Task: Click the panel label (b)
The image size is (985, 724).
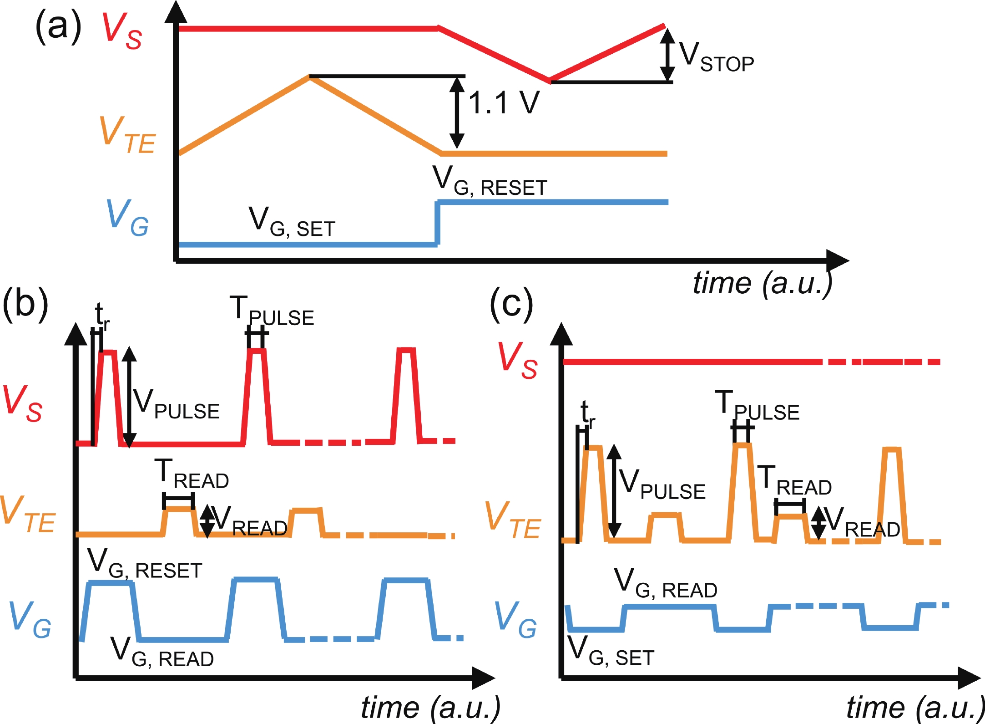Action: (x=25, y=304)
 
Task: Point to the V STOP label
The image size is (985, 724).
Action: (x=716, y=58)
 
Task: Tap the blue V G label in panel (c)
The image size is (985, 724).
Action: (x=515, y=620)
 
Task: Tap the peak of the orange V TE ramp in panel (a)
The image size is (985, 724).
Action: (x=309, y=77)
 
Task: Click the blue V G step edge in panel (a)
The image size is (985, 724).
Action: (x=437, y=223)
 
